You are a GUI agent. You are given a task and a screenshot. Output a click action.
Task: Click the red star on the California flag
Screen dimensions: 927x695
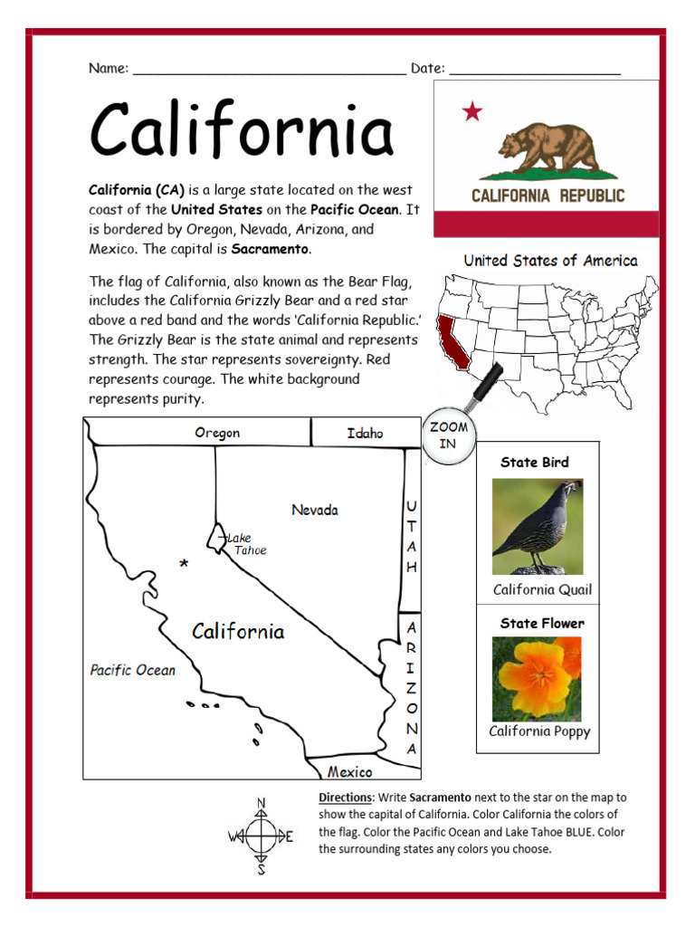coord(472,111)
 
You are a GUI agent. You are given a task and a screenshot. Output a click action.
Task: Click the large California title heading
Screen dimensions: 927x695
coord(242,129)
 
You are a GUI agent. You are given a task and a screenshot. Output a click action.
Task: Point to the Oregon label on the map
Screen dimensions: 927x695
coord(217,433)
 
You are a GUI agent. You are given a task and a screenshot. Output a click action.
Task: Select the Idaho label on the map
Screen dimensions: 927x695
coord(365,433)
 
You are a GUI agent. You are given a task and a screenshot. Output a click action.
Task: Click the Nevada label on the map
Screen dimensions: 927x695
coord(315,510)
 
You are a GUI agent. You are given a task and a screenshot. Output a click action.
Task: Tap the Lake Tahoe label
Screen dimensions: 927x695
coord(246,543)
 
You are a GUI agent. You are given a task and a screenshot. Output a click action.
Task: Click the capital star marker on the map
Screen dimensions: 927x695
coord(185,564)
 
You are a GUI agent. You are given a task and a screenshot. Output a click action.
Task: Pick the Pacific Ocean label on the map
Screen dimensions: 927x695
coord(132,670)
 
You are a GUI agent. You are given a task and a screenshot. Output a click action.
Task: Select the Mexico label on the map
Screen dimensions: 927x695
coord(349,772)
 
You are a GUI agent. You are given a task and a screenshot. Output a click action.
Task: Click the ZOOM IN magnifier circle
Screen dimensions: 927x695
coord(448,435)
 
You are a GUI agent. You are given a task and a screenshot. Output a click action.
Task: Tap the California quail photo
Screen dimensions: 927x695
coord(537,527)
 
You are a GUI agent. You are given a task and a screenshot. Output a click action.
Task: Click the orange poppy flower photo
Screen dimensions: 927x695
coord(537,679)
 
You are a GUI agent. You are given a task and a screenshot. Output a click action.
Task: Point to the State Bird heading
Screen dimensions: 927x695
coord(535,463)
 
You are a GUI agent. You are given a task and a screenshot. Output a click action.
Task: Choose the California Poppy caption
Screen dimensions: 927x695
coord(539,731)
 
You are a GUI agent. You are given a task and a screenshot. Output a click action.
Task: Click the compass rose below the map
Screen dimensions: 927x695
coord(262,836)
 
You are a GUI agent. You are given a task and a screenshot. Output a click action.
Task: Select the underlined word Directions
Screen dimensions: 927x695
coord(345,798)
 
